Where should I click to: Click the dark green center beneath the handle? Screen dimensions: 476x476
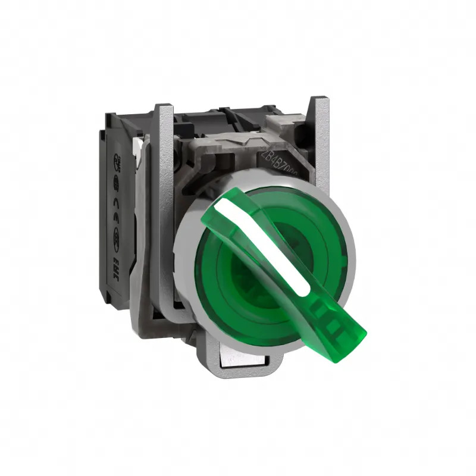pos(250,280)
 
